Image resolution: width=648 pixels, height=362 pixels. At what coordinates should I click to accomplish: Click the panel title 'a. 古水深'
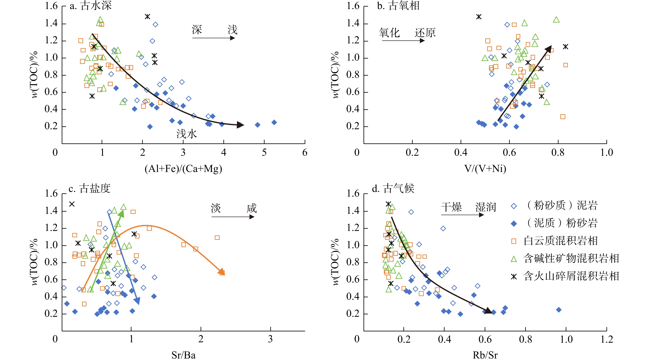click(91, 6)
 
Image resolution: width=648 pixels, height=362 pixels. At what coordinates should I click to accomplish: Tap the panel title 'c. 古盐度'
click(89, 188)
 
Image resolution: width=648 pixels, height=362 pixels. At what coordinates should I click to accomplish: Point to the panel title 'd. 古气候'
click(393, 188)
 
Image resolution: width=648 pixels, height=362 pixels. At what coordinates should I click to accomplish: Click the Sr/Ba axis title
click(183, 355)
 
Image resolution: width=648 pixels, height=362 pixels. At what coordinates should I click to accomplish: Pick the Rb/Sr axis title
click(485, 355)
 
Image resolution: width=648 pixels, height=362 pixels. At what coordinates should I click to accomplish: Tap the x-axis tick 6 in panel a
click(305, 152)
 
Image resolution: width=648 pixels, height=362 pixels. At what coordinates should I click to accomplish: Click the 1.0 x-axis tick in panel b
click(606, 152)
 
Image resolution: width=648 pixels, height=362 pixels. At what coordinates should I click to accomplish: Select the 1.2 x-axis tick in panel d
click(606, 339)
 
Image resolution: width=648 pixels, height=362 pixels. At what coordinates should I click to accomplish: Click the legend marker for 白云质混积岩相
click(514, 241)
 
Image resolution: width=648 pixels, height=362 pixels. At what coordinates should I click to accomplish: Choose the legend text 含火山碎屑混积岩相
click(571, 276)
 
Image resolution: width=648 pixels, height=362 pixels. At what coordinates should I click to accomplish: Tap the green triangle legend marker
click(514, 259)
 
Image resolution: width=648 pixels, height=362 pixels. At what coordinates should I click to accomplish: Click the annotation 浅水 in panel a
click(186, 134)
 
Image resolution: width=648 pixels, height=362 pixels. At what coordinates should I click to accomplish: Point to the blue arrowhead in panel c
click(137, 301)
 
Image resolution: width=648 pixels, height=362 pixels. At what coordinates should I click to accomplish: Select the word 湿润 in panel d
click(485, 207)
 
